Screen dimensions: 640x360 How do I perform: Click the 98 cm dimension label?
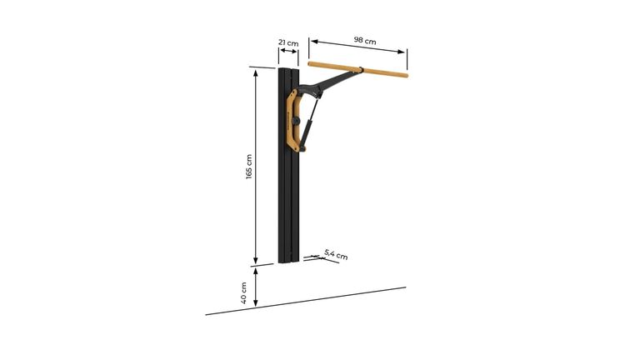pos(365,40)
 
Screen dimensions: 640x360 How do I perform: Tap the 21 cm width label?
pos(288,42)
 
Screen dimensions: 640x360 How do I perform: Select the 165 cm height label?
pos(249,167)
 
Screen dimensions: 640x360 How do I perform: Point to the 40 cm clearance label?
pos(243,292)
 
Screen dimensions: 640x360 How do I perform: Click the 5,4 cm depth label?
pos(336,254)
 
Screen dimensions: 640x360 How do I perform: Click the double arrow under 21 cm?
pos(288,51)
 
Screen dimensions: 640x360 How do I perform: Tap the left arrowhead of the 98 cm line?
pos(312,41)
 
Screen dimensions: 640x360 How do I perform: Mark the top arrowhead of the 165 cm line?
pos(256,73)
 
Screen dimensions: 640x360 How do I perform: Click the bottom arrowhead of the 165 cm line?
pos(256,260)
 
